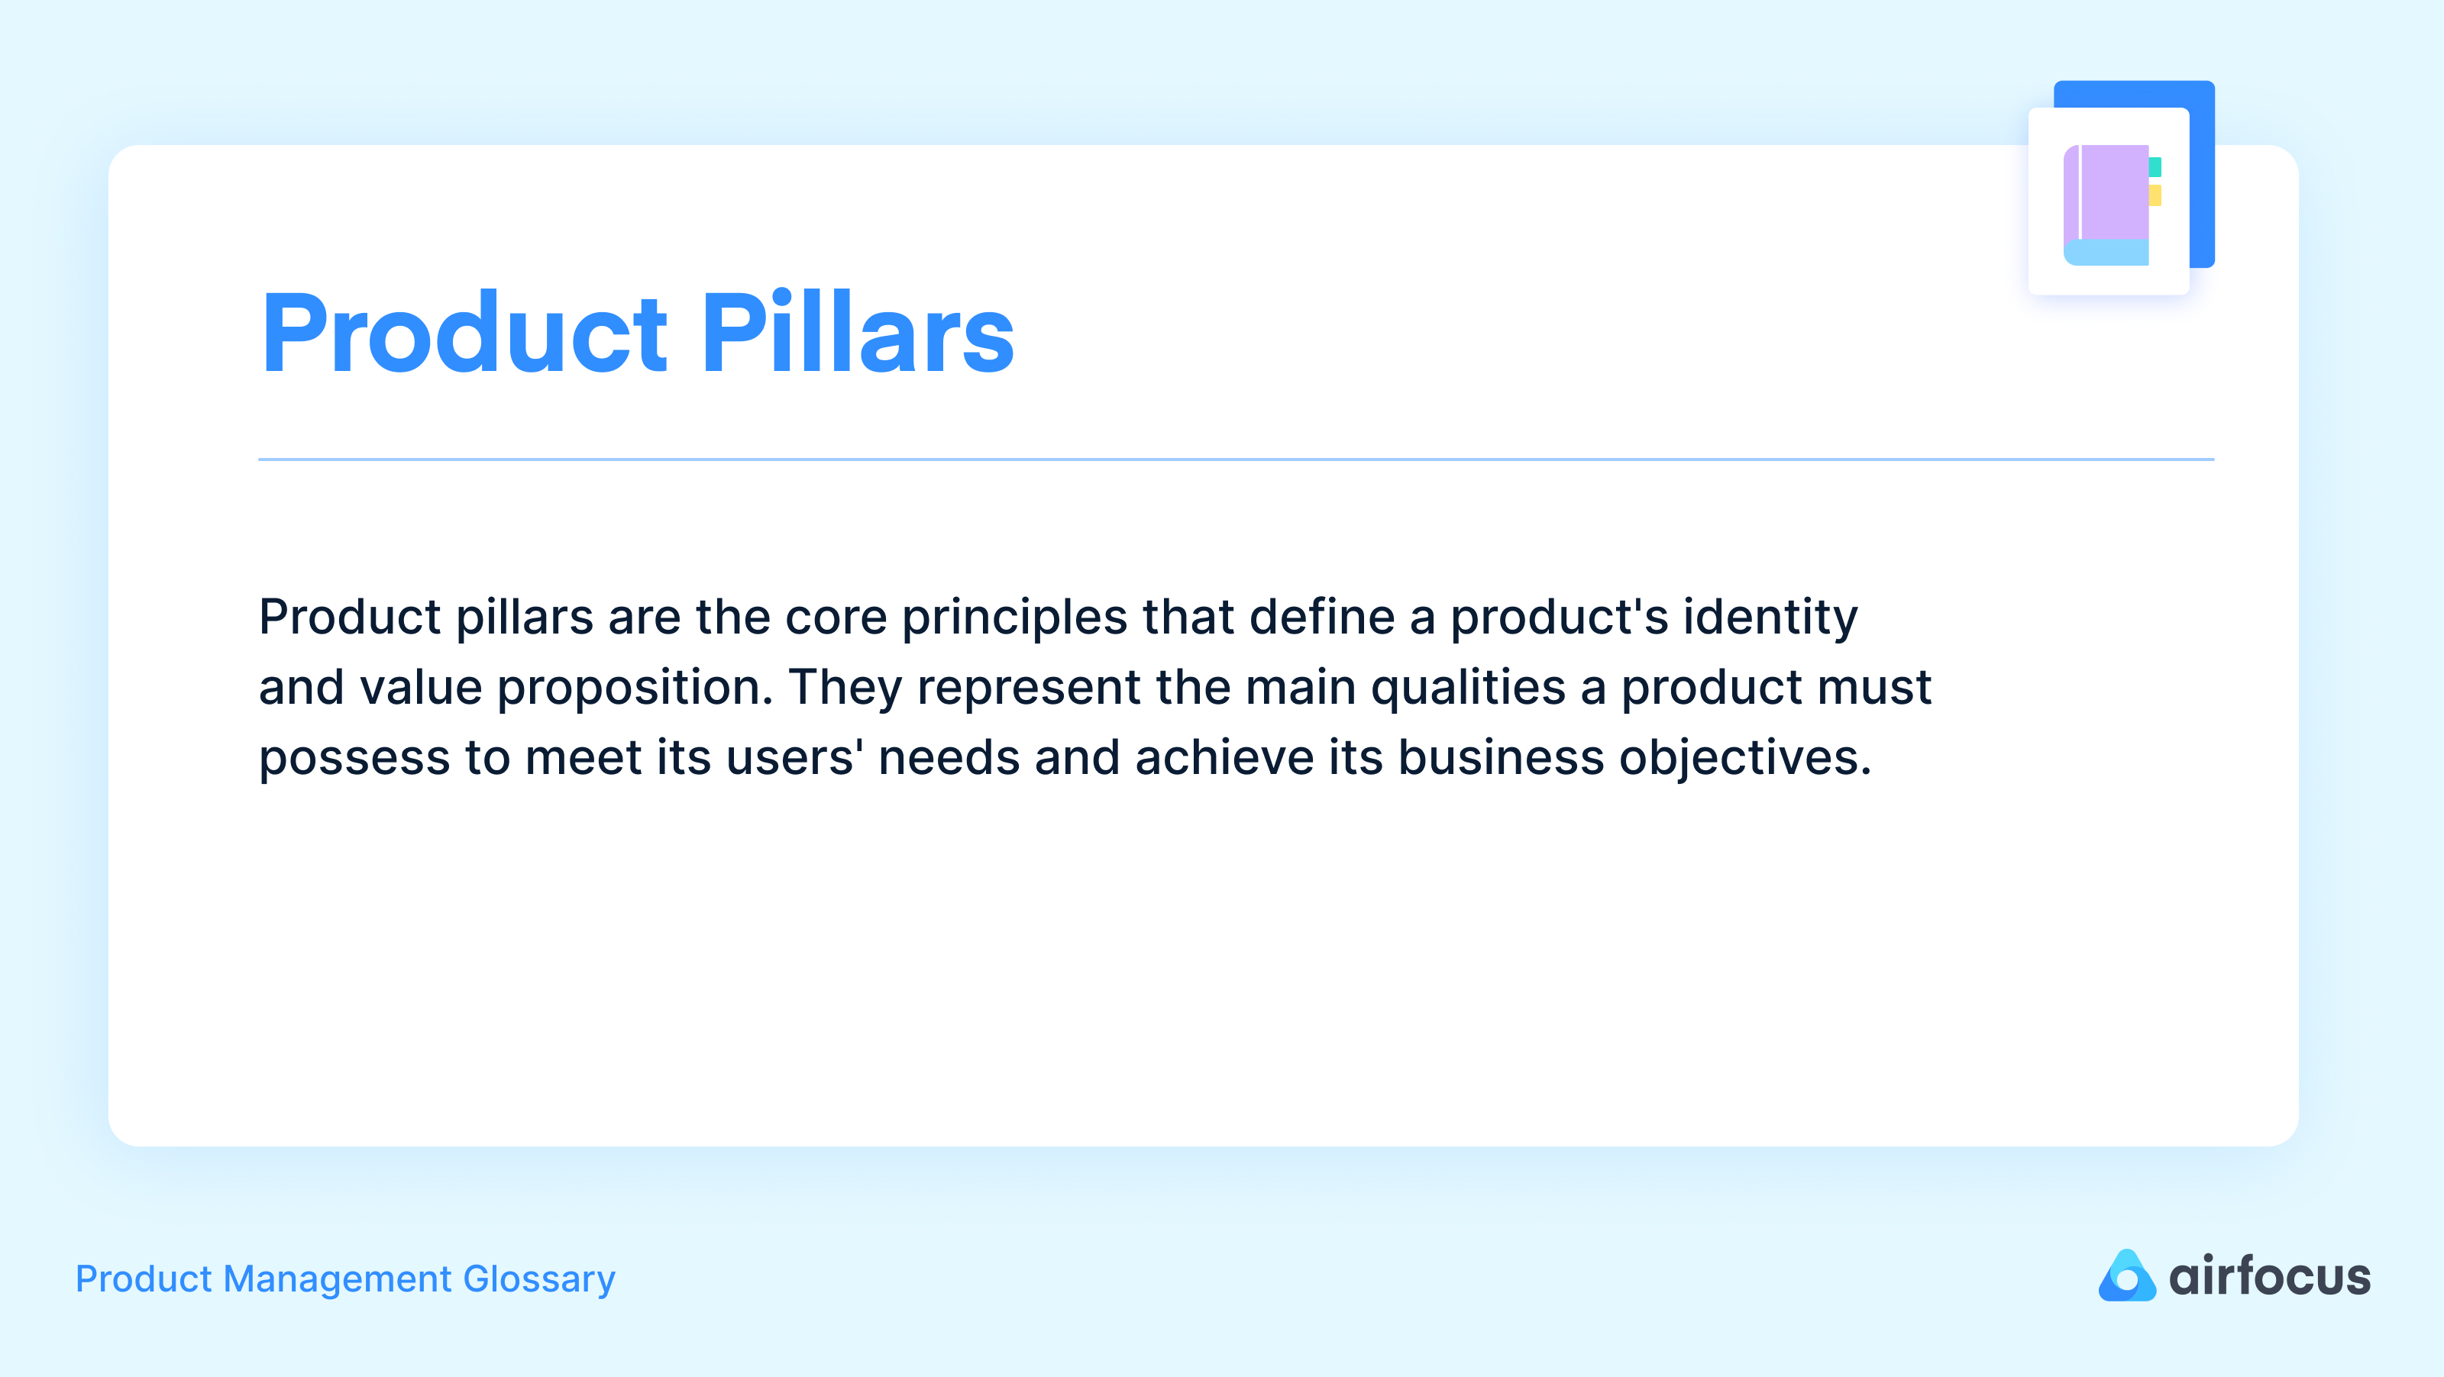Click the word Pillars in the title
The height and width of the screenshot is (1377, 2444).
(858, 334)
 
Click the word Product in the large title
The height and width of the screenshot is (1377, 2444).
(465, 334)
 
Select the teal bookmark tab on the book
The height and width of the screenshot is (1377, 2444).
(2155, 167)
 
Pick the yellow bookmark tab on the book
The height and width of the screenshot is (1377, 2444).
(2155, 195)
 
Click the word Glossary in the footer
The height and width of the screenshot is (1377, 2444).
(539, 1279)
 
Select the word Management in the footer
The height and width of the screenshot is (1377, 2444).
(337, 1279)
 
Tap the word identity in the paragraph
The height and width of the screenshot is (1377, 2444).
(1770, 618)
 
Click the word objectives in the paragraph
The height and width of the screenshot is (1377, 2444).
(1744, 759)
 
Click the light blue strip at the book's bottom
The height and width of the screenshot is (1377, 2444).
(2106, 252)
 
